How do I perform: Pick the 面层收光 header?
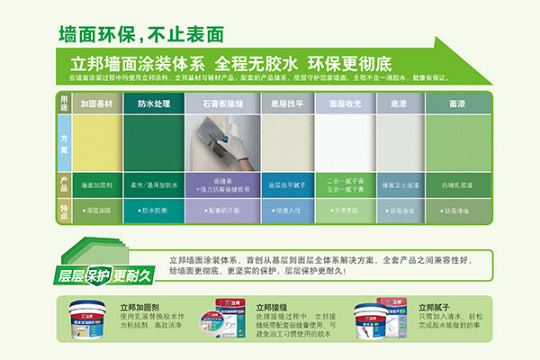pyautogui.click(x=344, y=104)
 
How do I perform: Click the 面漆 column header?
pyautogui.click(x=457, y=104)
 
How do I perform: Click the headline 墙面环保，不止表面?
pyautogui.click(x=139, y=35)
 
